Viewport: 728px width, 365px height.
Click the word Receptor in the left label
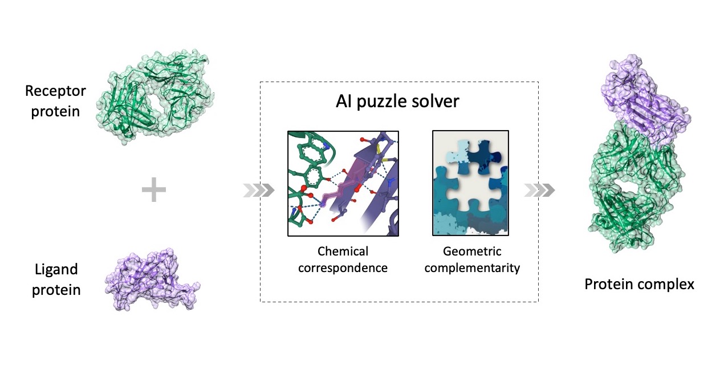click(55, 91)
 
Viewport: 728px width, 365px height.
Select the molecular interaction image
click(343, 182)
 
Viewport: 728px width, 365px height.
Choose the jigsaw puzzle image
click(470, 182)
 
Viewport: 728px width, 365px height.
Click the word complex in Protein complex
click(668, 283)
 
